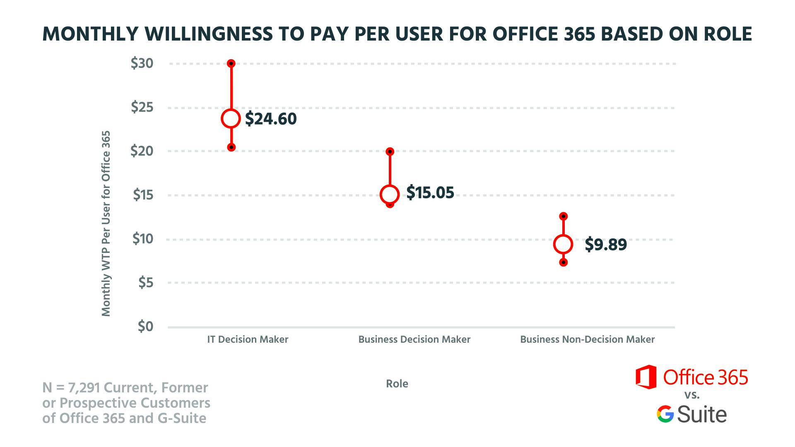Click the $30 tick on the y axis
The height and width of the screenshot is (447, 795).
[x=142, y=64]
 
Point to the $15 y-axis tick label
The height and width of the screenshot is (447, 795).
[x=143, y=195]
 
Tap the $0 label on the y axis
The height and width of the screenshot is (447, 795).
[x=145, y=327]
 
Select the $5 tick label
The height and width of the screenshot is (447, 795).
[x=145, y=283]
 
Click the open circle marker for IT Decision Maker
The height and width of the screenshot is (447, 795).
[x=231, y=119]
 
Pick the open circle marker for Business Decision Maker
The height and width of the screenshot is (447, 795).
[x=390, y=194]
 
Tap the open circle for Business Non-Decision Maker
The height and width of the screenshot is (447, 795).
[x=563, y=244]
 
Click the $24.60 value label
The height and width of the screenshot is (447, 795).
[x=271, y=119]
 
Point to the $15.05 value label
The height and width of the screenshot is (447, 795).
[x=430, y=193]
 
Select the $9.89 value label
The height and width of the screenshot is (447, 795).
[x=606, y=245]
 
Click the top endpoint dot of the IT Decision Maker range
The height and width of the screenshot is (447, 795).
[x=231, y=63]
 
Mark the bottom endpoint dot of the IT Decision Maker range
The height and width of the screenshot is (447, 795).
[x=231, y=147]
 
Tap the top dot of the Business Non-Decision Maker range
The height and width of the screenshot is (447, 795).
[x=563, y=216]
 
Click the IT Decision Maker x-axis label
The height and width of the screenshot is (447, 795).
[x=248, y=340]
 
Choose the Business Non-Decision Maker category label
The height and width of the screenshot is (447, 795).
[x=587, y=340]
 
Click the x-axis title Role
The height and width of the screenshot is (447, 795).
[x=397, y=384]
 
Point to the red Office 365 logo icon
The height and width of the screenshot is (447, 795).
[x=646, y=377]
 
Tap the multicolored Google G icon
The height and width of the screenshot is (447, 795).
[x=665, y=414]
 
